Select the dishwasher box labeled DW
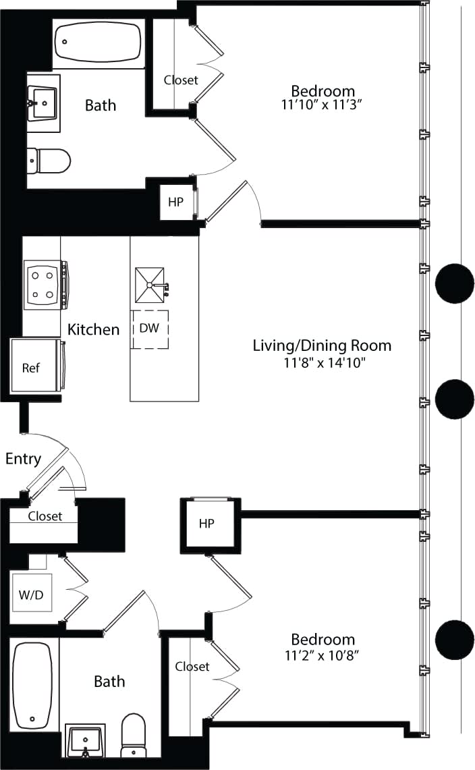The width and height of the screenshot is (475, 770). [150, 329]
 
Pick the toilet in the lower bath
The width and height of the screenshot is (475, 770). [134, 736]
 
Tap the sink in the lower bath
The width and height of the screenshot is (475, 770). [86, 742]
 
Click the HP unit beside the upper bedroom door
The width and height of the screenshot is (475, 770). [175, 201]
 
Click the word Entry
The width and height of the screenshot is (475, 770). [23, 459]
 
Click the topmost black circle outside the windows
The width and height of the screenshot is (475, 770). [454, 283]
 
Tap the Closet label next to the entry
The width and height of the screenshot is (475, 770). [45, 516]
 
